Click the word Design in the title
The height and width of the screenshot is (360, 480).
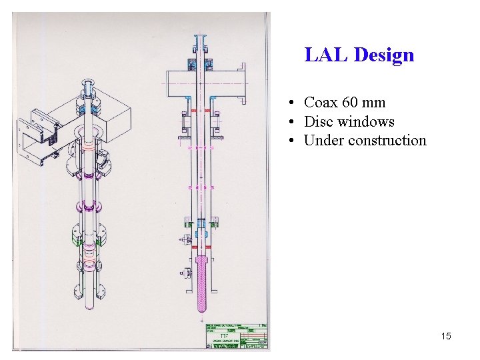(384, 55)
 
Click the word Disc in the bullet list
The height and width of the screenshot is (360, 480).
(319, 121)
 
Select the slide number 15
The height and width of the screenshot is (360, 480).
(446, 336)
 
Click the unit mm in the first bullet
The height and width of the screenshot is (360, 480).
(374, 103)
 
